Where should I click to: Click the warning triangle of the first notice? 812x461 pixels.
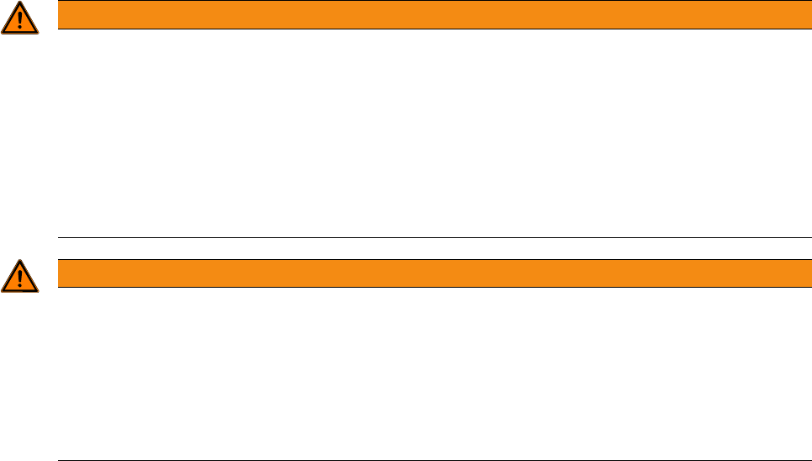click(x=19, y=19)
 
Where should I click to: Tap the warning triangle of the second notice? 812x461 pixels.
click(x=19, y=278)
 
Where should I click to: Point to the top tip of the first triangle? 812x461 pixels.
click(x=19, y=3)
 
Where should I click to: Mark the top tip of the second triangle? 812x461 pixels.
click(x=19, y=262)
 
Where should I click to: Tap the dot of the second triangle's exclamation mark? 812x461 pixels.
click(x=19, y=287)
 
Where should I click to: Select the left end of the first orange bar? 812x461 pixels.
click(x=60, y=15)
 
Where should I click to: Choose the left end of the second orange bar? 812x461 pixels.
click(x=60, y=273)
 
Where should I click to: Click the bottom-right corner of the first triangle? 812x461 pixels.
click(x=37, y=33)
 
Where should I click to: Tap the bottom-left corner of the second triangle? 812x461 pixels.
click(x=3, y=291)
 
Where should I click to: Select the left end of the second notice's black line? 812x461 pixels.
click(x=59, y=460)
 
